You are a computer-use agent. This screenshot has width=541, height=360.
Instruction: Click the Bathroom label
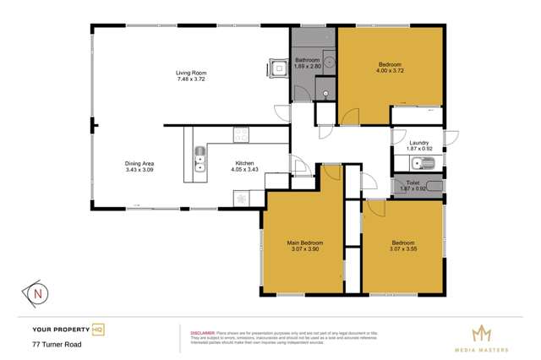click(307, 60)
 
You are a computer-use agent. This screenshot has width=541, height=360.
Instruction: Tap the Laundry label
click(419, 143)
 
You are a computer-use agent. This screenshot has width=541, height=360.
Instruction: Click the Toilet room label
click(413, 180)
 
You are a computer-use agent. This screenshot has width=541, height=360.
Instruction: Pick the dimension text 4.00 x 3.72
click(389, 72)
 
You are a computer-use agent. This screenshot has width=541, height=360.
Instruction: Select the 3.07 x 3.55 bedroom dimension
click(402, 249)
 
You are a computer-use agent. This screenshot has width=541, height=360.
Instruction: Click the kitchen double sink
click(199, 160)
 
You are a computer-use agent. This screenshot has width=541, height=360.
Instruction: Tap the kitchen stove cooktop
click(240, 134)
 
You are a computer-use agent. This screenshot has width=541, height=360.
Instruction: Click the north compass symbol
click(38, 293)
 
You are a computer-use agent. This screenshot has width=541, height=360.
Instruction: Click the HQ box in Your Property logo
click(98, 329)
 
